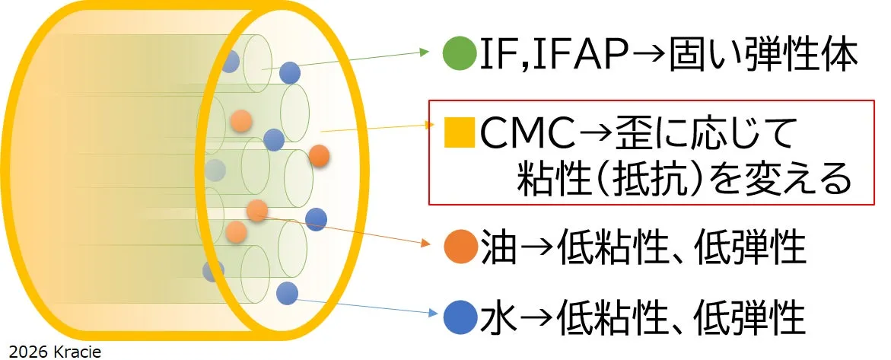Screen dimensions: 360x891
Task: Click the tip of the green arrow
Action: [x=429, y=53]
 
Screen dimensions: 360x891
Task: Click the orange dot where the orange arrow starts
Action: [x=258, y=211]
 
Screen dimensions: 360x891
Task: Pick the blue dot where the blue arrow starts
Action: [x=287, y=292]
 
